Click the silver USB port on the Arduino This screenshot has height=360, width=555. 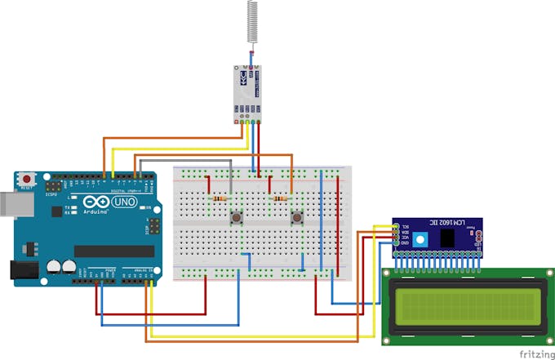point(7,204)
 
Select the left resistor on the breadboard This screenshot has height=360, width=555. point(219,198)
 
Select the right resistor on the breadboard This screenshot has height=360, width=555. point(280,198)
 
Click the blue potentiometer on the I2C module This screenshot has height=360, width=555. point(420,238)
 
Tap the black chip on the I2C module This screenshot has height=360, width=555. point(448,238)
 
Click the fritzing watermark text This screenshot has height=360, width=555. point(535,353)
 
